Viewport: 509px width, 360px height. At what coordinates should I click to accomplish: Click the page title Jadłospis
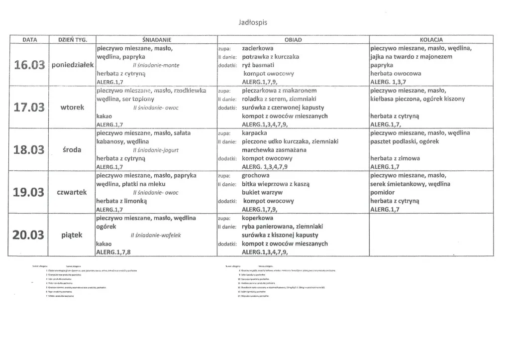(x=255, y=22)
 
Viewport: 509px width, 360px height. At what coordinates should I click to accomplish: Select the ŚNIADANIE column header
(x=156, y=40)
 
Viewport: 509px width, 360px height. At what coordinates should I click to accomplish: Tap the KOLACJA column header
(x=431, y=40)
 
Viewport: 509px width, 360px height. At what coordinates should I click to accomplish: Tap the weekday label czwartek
(x=73, y=192)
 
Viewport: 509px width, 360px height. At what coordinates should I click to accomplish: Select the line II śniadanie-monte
(x=156, y=65)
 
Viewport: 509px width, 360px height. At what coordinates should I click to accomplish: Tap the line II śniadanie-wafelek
(x=155, y=235)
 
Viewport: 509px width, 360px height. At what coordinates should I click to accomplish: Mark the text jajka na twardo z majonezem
(x=411, y=57)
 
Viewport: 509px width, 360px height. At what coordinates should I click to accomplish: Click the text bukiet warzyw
(x=262, y=192)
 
